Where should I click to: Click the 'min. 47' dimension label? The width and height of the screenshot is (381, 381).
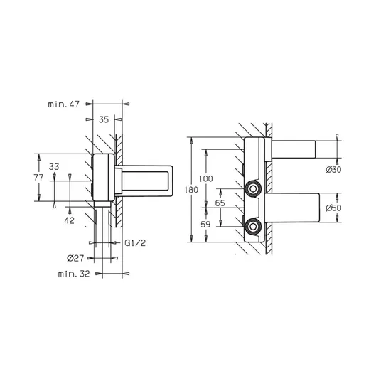(x=64, y=104)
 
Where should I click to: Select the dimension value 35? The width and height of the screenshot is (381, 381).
(x=104, y=119)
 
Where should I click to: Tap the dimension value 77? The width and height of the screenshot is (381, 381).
(x=38, y=178)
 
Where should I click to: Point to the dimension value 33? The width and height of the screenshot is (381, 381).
(x=54, y=166)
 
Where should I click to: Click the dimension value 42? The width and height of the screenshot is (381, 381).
(x=69, y=220)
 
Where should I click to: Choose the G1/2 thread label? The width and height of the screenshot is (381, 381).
(x=135, y=242)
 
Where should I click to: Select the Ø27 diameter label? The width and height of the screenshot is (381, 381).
(x=75, y=258)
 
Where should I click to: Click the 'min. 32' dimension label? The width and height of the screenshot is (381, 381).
(x=74, y=274)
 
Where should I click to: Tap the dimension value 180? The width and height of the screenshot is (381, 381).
(x=191, y=190)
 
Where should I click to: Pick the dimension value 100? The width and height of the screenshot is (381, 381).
(x=206, y=178)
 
